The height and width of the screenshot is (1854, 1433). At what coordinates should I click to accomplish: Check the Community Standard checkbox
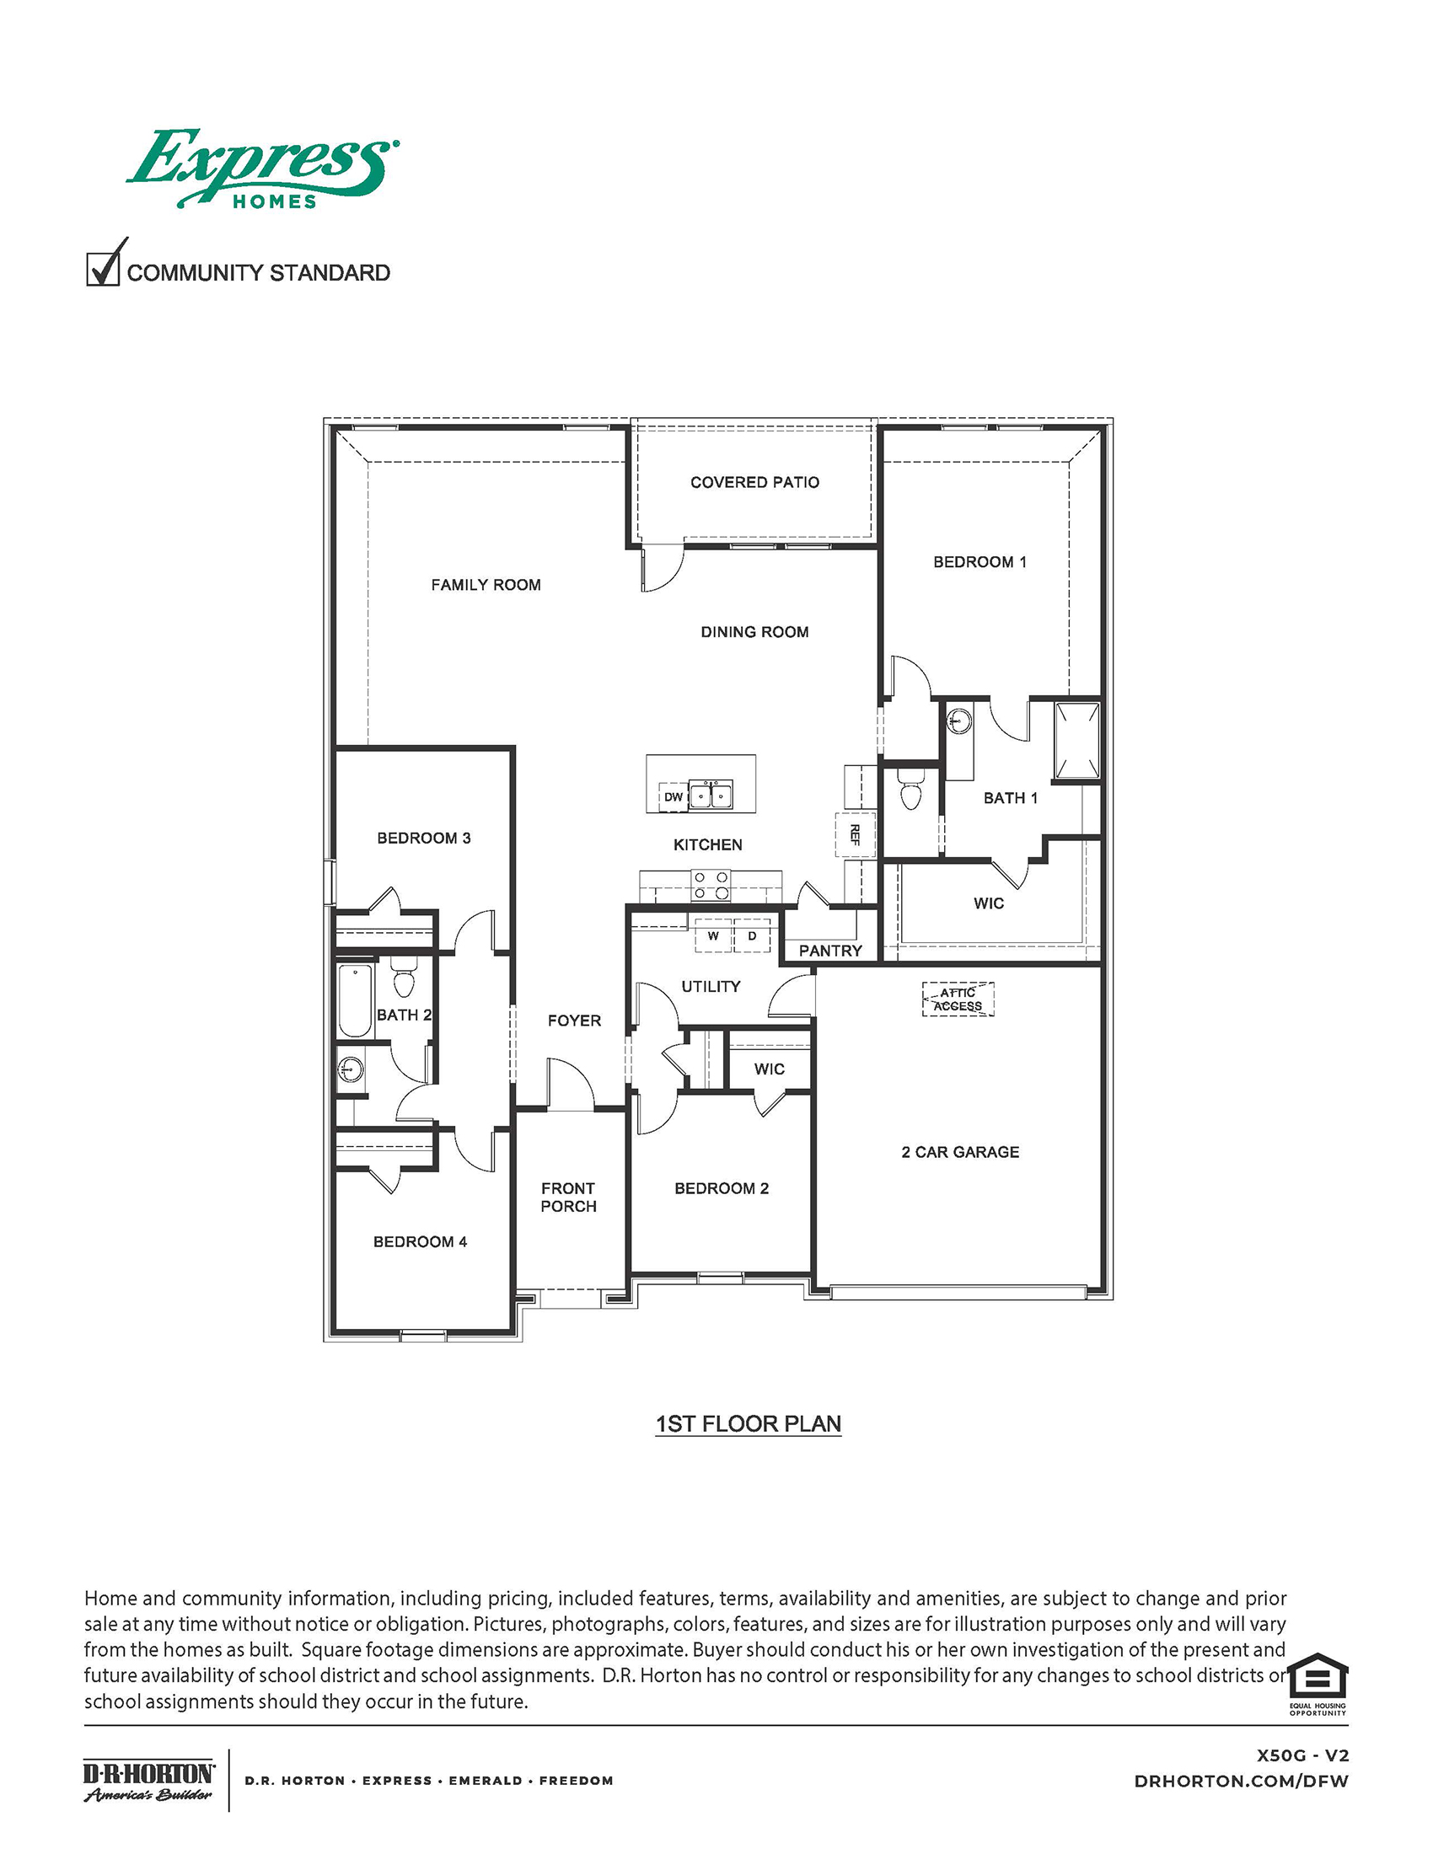coord(103,269)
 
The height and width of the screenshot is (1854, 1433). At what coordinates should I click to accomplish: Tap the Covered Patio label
coord(754,482)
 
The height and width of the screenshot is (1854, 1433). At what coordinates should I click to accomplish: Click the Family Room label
coord(486,585)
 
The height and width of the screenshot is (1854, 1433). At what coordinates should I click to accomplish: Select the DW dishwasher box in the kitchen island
coord(674,796)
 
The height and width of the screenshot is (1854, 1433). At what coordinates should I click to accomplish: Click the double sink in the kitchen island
coord(711,796)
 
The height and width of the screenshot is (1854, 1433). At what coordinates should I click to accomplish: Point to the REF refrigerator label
coord(855,834)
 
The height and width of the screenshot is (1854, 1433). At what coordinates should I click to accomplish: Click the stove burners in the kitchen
coord(711,885)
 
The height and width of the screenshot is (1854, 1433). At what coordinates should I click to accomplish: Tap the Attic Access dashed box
coord(958,999)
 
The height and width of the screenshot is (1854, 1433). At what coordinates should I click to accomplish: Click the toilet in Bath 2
coord(403,978)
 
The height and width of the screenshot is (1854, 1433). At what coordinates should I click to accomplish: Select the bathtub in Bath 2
coord(355,1001)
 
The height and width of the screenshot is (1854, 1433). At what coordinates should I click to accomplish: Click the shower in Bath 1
coord(1076,740)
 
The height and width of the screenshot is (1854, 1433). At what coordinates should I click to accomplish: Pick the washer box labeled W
coord(713,935)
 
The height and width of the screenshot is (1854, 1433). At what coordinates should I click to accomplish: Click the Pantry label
coord(829,951)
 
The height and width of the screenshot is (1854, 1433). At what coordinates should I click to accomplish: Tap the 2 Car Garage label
coord(959,1152)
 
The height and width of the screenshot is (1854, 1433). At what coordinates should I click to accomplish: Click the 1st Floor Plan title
coord(748,1423)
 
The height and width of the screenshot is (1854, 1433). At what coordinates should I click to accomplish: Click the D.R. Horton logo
coord(148,1779)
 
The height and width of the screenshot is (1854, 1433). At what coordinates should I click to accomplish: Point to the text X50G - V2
coord(1302,1755)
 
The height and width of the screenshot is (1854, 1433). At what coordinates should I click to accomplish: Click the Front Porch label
coord(568,1197)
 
